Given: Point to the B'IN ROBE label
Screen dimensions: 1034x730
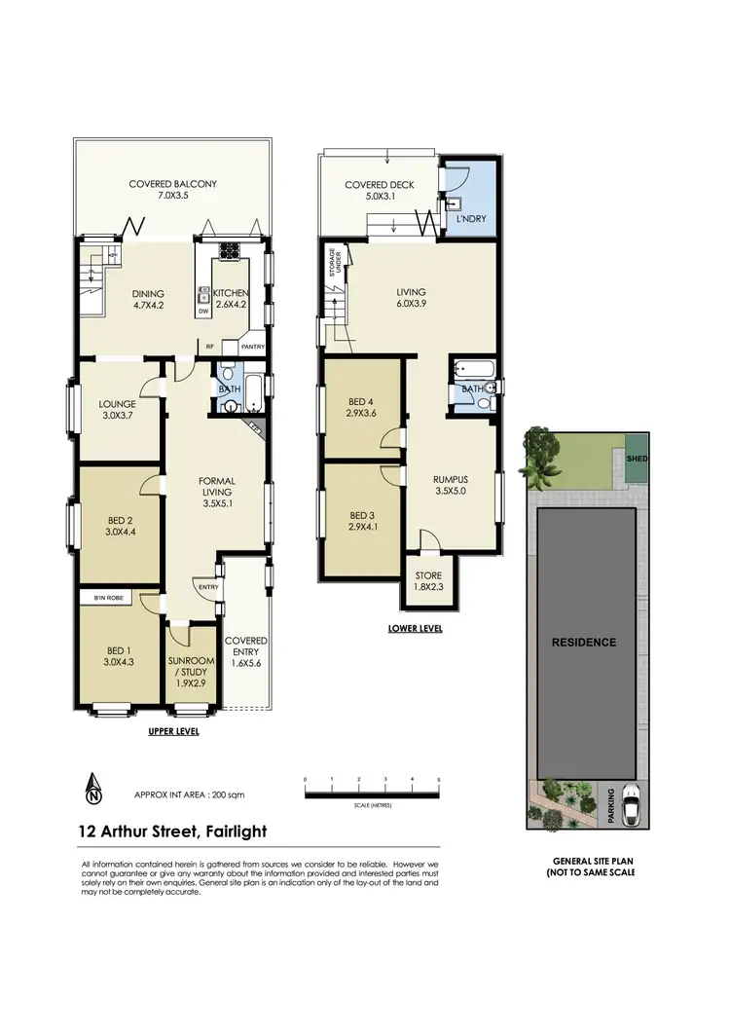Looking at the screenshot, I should (x=107, y=596).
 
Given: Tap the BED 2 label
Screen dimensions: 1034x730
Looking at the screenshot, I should (x=122, y=527).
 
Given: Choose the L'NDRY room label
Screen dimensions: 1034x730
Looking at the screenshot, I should (x=471, y=220).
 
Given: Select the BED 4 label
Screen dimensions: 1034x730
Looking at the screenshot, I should (x=360, y=407).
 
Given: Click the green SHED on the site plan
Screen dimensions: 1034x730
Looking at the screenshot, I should (x=637, y=460).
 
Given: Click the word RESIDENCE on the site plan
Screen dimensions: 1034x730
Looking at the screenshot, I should (x=585, y=642).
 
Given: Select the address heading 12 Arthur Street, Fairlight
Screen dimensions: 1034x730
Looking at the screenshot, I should (x=172, y=831).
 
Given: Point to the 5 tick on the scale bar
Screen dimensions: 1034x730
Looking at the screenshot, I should (x=439, y=781).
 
